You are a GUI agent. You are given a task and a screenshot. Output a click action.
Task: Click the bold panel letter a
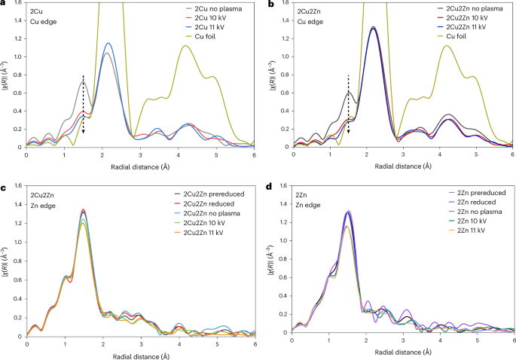3,5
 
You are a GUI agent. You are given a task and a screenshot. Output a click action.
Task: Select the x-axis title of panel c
141,354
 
